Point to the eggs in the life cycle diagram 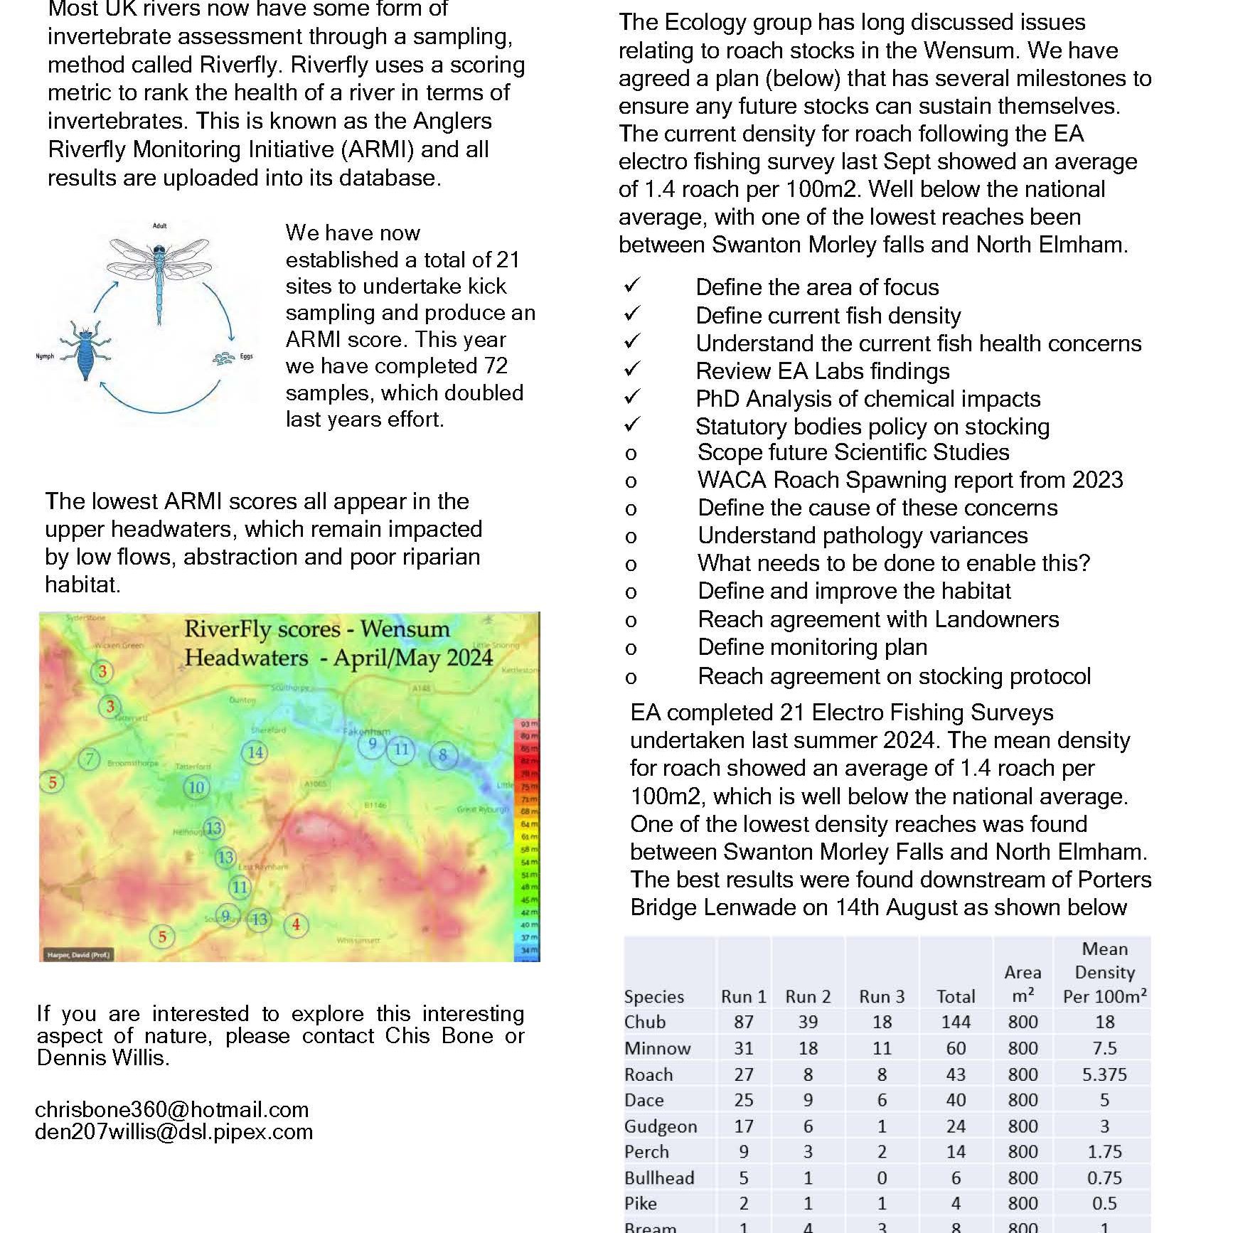tap(224, 358)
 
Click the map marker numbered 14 tap(255, 752)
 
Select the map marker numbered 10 tap(196, 787)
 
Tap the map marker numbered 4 tap(296, 925)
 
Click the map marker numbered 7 tap(90, 759)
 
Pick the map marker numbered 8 tap(443, 754)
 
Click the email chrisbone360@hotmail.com tap(171, 1109)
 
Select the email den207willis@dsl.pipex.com tap(174, 1132)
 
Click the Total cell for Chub tap(956, 1022)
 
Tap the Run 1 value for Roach tap(743, 1074)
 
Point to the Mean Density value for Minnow tap(1104, 1048)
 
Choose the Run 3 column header tap(882, 996)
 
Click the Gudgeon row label tap(661, 1126)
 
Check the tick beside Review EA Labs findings tap(632, 370)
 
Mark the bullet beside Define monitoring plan tap(631, 648)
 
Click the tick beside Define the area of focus tap(632, 286)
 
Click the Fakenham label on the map tap(366, 731)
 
